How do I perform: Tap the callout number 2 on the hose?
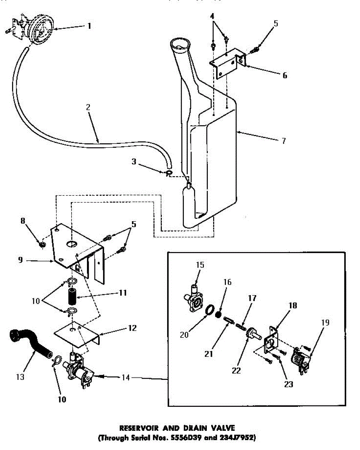[88, 107]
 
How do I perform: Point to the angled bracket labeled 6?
[227, 62]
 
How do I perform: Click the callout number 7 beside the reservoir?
[284, 141]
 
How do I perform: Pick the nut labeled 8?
[42, 245]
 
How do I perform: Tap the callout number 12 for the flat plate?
[132, 328]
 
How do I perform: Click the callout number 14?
[126, 378]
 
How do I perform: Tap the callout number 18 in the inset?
[293, 306]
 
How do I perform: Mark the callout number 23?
[289, 384]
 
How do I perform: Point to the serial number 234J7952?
[236, 437]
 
